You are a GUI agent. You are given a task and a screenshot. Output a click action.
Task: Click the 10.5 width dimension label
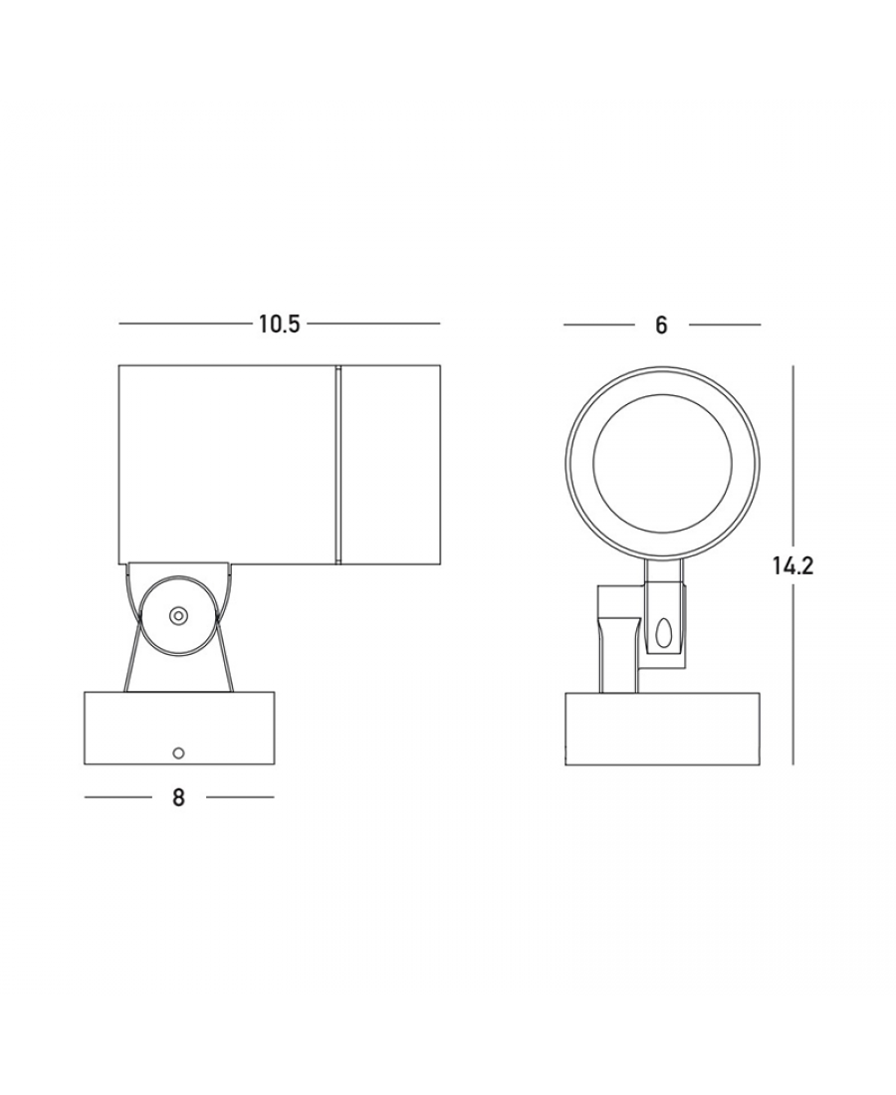(x=280, y=325)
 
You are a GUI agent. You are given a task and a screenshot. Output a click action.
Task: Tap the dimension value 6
(x=661, y=326)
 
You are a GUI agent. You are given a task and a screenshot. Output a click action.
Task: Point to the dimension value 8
(x=179, y=797)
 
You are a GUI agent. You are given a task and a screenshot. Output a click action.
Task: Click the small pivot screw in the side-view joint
(x=179, y=615)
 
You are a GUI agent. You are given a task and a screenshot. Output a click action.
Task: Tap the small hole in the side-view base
(x=179, y=753)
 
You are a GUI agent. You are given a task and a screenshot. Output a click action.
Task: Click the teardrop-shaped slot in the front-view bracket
(x=661, y=632)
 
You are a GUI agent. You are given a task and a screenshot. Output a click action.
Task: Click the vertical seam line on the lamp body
(x=338, y=465)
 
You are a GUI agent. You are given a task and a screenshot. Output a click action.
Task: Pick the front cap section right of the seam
(x=390, y=465)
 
